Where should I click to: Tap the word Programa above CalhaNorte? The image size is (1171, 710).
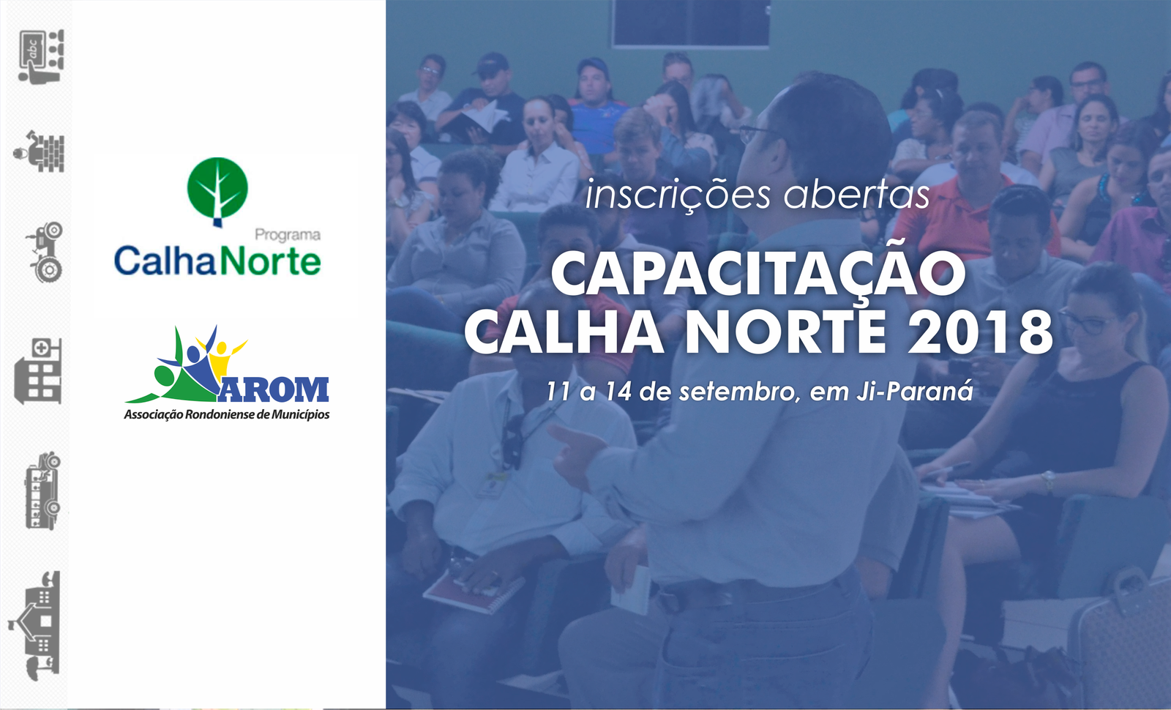[x=288, y=236]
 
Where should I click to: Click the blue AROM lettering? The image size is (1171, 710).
[x=274, y=389]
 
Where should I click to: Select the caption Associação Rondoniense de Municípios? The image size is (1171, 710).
[x=226, y=414]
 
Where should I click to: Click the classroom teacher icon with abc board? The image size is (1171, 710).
[x=41, y=56]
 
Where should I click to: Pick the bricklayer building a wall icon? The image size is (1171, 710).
[x=40, y=152]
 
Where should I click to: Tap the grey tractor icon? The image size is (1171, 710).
[x=45, y=252]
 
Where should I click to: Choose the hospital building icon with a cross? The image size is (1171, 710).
[x=37, y=370]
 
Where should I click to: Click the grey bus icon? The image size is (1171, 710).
[x=43, y=490]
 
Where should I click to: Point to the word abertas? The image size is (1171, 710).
[x=857, y=194]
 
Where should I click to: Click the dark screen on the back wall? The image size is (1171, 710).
[x=691, y=23]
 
